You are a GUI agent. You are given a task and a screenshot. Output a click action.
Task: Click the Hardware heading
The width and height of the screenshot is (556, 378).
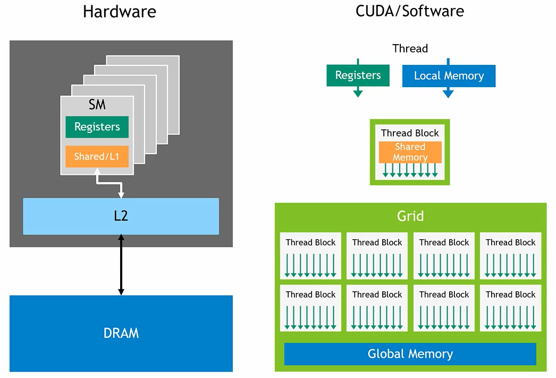tap(120, 12)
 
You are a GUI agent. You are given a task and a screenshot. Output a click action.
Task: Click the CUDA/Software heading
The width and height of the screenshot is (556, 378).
tap(410, 11)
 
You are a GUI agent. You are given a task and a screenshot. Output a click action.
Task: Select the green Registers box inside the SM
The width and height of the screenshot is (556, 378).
tap(97, 127)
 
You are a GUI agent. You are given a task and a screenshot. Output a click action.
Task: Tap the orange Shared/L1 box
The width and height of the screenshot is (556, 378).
tap(97, 156)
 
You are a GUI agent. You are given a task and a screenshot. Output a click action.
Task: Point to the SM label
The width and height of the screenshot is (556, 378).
tap(97, 105)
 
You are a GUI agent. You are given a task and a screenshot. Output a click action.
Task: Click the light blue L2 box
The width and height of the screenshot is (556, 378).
tap(121, 216)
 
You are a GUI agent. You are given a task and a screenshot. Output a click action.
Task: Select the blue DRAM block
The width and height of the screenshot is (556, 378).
tap(121, 333)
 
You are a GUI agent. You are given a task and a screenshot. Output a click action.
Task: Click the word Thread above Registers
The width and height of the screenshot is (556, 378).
tap(410, 48)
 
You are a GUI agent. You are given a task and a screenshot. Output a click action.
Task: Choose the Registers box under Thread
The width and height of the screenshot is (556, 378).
tap(358, 75)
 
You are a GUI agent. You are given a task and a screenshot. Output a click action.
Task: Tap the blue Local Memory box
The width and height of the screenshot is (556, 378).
tap(449, 76)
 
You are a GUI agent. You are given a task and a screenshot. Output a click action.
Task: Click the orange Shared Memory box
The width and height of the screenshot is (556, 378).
tap(410, 152)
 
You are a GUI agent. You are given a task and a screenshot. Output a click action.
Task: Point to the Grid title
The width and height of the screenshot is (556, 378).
tap(410, 216)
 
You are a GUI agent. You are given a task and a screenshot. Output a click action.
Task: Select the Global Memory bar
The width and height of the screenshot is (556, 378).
tap(410, 354)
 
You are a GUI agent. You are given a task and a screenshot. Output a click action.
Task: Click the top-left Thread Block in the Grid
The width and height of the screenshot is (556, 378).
tap(310, 256)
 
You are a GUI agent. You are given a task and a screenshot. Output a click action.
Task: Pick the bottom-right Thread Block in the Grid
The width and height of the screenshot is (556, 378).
tap(510, 308)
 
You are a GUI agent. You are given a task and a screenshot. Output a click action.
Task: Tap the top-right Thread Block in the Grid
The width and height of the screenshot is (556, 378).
tap(510, 256)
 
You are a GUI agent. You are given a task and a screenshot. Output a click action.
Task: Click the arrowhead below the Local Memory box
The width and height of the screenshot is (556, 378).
tap(448, 94)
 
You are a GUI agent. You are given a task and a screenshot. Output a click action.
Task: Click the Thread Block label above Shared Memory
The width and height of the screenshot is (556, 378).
tap(410, 133)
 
